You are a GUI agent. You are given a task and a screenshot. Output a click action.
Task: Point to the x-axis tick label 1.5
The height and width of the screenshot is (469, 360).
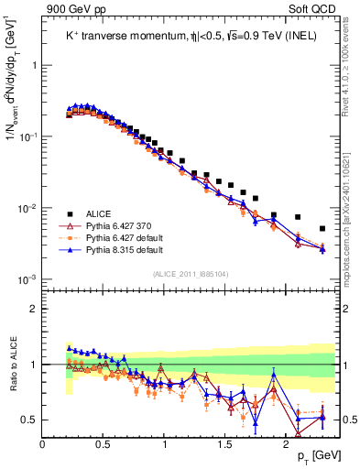[x=225, y=444]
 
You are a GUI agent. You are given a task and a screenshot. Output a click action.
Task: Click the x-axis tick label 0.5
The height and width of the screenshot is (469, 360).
[x=104, y=444]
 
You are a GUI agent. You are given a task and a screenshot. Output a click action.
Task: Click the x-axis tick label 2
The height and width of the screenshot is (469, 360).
[x=287, y=444]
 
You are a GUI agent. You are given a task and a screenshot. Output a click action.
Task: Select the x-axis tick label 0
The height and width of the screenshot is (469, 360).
[x=43, y=444]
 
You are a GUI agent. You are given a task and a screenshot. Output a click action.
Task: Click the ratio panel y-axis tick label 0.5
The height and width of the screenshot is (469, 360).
[x=29, y=420]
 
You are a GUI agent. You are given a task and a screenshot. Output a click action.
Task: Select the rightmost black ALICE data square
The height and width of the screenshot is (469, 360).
[x=322, y=228]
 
